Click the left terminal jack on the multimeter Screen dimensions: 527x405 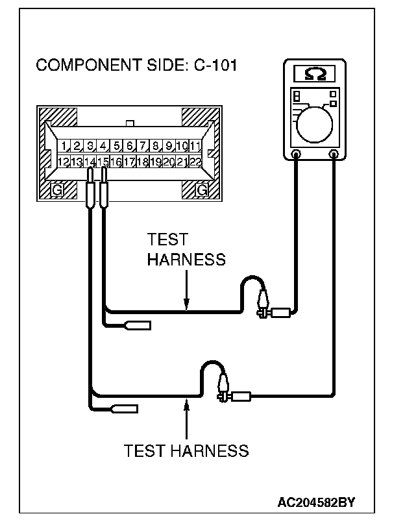click(296, 154)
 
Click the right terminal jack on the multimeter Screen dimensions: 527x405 click(334, 154)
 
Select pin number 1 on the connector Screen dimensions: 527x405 click(65, 145)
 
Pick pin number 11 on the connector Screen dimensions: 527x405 click(195, 145)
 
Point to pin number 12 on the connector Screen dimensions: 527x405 click(64, 161)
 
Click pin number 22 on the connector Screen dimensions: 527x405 click(195, 161)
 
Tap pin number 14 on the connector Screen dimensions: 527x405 click(90, 161)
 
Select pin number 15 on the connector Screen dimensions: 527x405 click(103, 161)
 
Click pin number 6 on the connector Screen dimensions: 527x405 click(130, 145)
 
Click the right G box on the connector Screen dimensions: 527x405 click(202, 190)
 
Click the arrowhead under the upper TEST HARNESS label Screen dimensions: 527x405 click(186, 303)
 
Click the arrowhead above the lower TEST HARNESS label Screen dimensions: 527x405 click(186, 406)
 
